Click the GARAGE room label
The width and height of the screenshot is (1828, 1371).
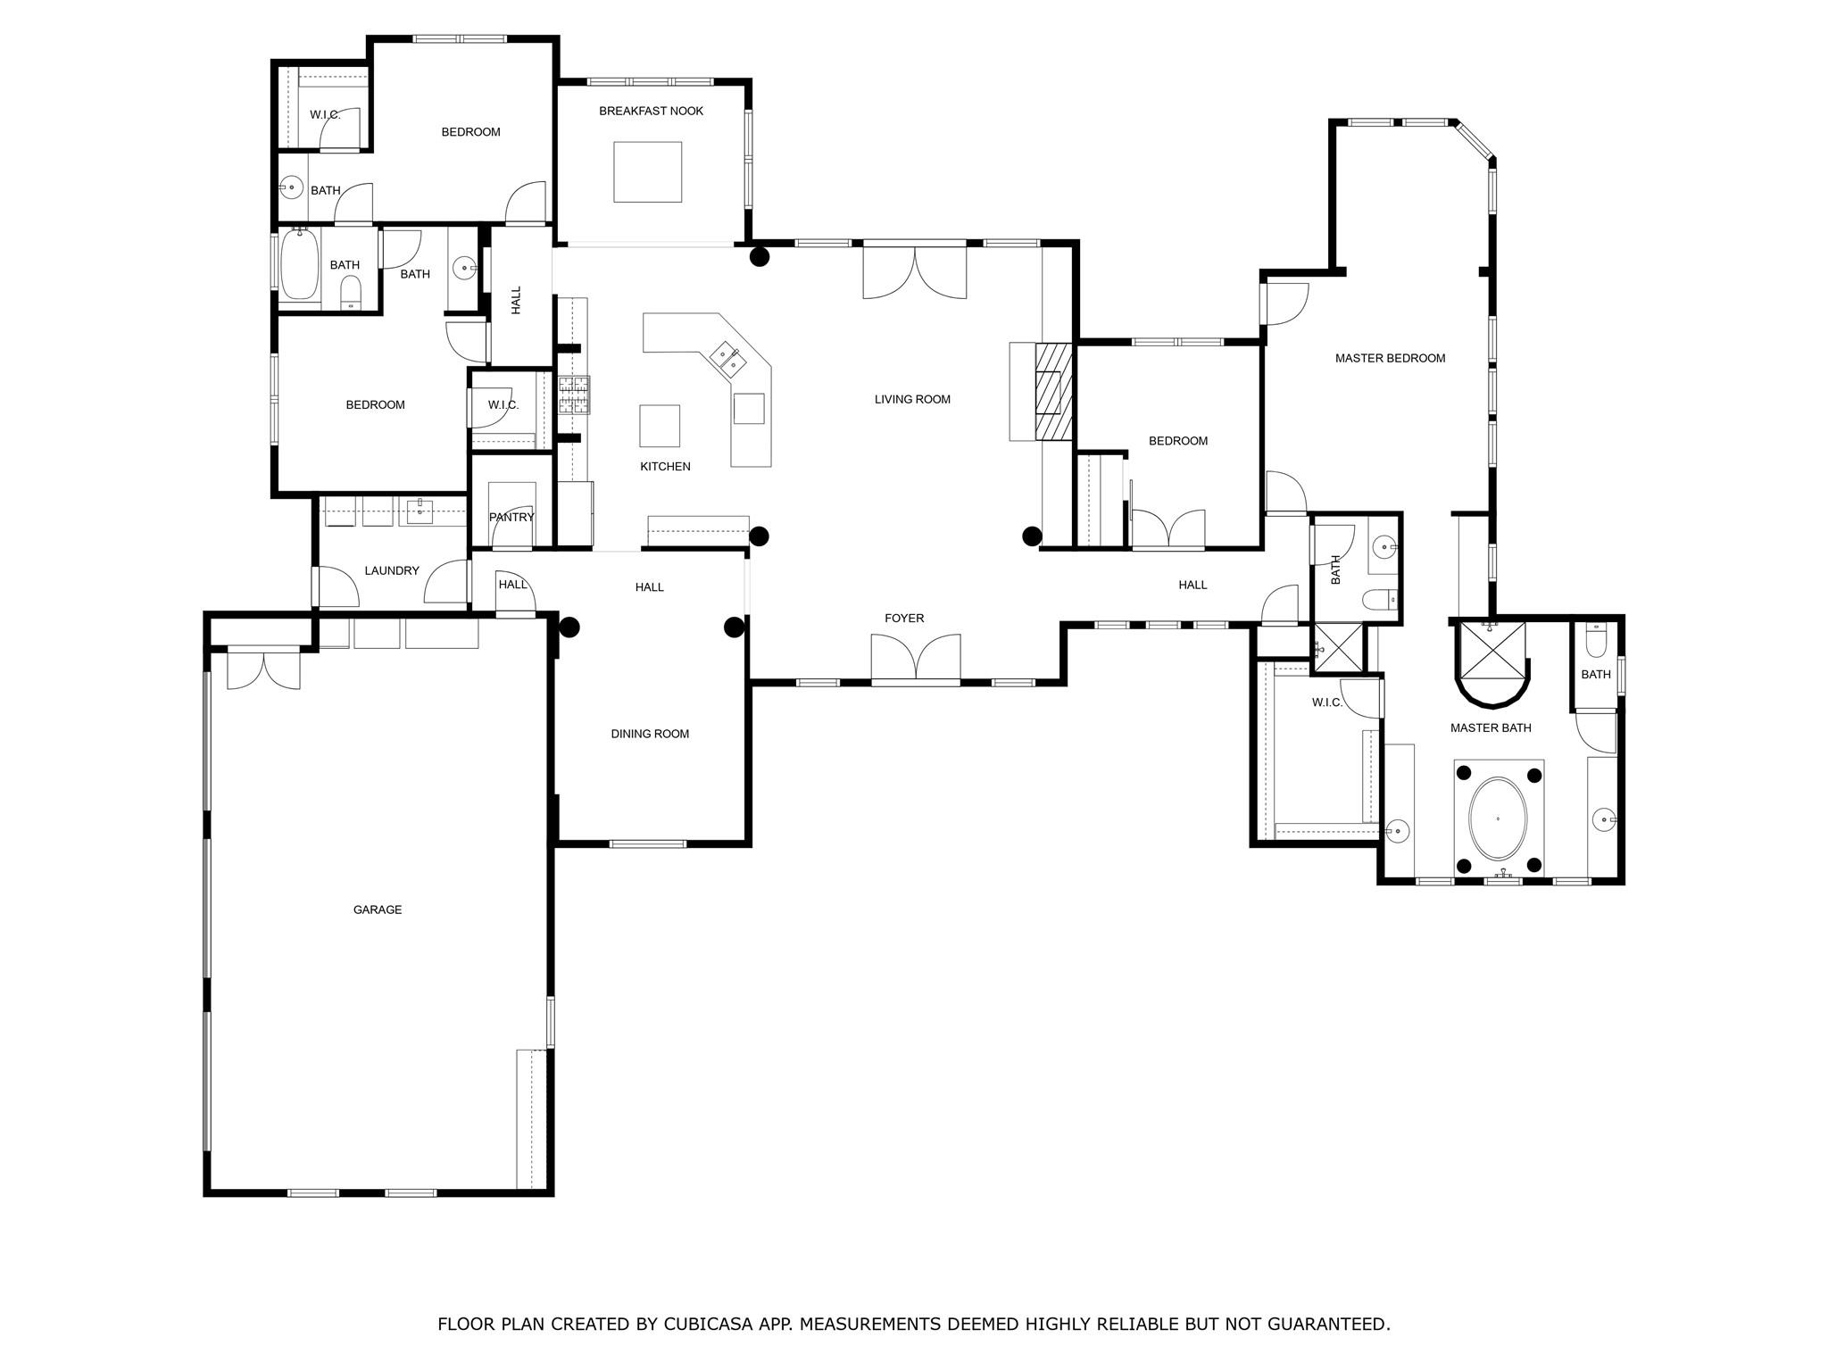tap(377, 910)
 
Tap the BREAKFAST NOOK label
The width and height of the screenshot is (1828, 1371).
tap(651, 111)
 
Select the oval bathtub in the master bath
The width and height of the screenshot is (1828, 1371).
tap(1498, 818)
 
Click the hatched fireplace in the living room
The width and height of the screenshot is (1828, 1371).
tap(1053, 392)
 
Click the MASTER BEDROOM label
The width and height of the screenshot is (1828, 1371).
tap(1390, 358)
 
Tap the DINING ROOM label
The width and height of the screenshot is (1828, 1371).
tap(650, 734)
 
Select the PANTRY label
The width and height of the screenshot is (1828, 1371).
tap(511, 517)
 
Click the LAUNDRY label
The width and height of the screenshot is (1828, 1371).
tap(392, 570)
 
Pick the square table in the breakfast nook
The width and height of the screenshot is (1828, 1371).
tap(647, 171)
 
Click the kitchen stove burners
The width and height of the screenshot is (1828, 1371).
tap(574, 395)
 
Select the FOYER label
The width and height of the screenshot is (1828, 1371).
tap(904, 618)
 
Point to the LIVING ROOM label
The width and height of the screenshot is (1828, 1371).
tap(912, 399)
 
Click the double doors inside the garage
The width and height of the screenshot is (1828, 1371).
tap(263, 670)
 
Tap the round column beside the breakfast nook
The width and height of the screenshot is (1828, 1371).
tap(759, 257)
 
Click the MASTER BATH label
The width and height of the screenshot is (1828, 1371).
tap(1490, 727)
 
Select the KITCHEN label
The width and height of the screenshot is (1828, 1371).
tap(665, 466)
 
